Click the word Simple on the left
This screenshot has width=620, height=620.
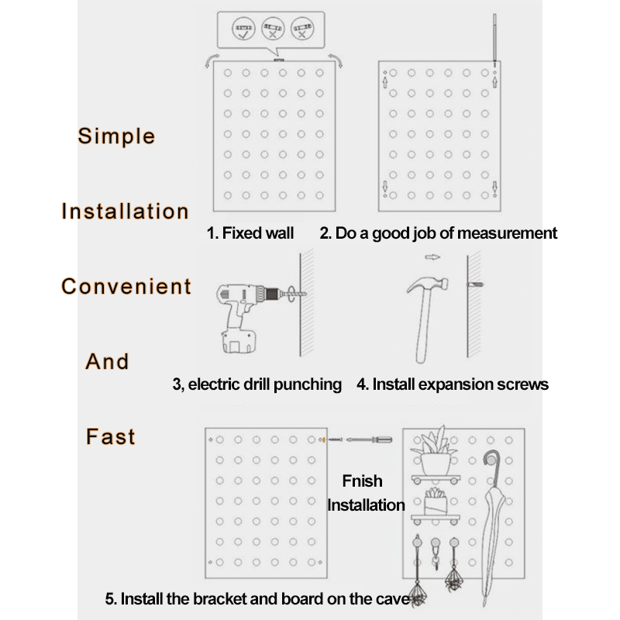click(116, 136)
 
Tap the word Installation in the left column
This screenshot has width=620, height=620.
click(125, 211)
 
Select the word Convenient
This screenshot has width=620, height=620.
click(126, 286)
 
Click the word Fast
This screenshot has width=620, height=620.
click(111, 436)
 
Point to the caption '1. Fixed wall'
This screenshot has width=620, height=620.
click(250, 232)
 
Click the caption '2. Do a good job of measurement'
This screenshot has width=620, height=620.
click(439, 232)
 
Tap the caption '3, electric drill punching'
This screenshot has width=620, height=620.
click(257, 384)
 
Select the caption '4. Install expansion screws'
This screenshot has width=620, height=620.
click(453, 384)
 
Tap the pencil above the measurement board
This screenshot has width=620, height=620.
click(494, 39)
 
